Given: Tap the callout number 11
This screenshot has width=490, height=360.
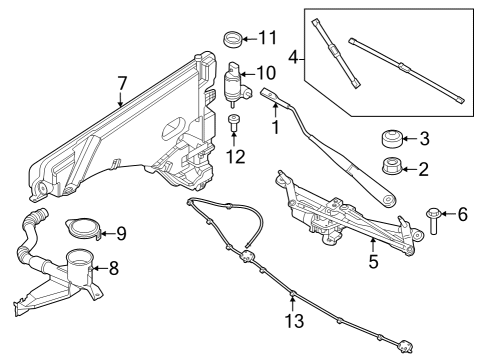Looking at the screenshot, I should tap(266, 39).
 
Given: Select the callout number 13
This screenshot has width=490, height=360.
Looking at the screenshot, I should tap(292, 322).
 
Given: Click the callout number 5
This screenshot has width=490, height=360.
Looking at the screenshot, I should tap(372, 263).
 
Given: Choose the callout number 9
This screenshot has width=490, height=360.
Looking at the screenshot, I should tap(120, 233).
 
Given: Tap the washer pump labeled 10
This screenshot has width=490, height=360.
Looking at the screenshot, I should tap(236, 86).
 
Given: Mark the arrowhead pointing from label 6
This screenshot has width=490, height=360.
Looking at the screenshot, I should tap(449, 214).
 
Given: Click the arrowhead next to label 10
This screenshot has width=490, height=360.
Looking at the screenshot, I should tap(250, 73).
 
